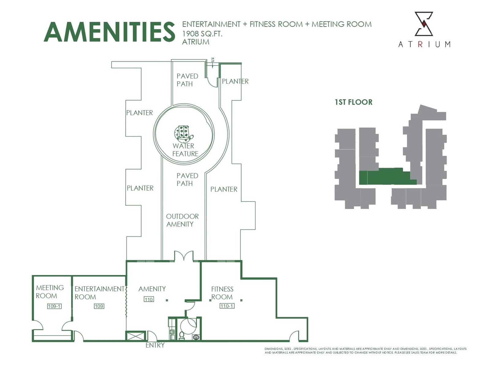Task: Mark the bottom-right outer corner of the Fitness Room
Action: tap(307, 341)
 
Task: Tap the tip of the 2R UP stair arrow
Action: tap(213, 68)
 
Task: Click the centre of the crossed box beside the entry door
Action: tap(135, 336)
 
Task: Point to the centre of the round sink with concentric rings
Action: tap(196, 337)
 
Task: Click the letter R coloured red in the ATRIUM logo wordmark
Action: tap(420, 44)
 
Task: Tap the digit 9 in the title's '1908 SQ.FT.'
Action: tap(189, 33)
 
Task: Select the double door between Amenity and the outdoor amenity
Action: tap(184, 256)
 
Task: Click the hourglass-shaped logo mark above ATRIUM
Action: tap(424, 24)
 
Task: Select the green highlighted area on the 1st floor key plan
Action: tap(388, 176)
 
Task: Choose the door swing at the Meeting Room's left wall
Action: tap(38, 325)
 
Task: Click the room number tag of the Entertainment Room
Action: tap(99, 306)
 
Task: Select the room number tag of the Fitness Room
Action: tap(227, 306)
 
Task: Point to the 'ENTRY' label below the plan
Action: tap(155, 345)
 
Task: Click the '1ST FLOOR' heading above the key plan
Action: tap(354, 102)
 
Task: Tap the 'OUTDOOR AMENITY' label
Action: tap(182, 220)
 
